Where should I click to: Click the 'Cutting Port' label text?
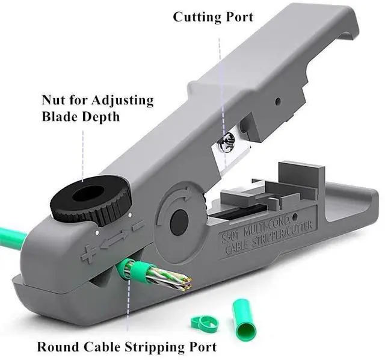tap(213, 16)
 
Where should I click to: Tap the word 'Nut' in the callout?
tap(54, 99)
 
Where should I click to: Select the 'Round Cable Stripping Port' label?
tap(126, 347)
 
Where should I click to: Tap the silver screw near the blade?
tap(227, 143)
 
